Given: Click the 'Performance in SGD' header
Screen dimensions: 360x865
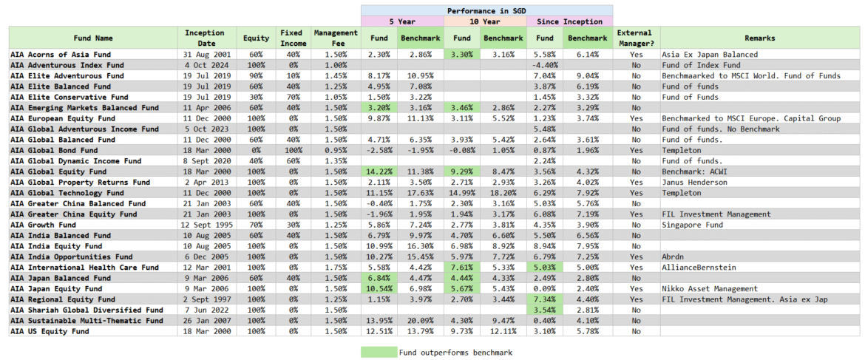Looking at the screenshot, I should click(486, 10).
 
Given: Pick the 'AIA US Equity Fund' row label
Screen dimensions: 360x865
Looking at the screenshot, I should click(50, 331).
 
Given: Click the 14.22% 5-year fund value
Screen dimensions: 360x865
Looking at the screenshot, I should click(378, 171).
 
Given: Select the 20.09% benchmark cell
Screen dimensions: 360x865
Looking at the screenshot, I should click(419, 321).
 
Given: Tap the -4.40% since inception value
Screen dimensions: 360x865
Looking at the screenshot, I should click(544, 65).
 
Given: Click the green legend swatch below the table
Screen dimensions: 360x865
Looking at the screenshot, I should click(378, 353).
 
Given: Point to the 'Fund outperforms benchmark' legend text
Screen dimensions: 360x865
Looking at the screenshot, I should click(455, 353).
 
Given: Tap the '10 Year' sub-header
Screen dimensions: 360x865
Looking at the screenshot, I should click(484, 21).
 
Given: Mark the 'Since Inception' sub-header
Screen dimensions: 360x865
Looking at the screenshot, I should click(569, 21).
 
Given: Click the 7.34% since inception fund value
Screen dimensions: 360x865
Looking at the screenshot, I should click(544, 299).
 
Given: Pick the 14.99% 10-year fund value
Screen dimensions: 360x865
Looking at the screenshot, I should click(461, 193).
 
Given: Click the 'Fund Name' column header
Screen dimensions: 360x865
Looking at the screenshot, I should click(93, 38).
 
